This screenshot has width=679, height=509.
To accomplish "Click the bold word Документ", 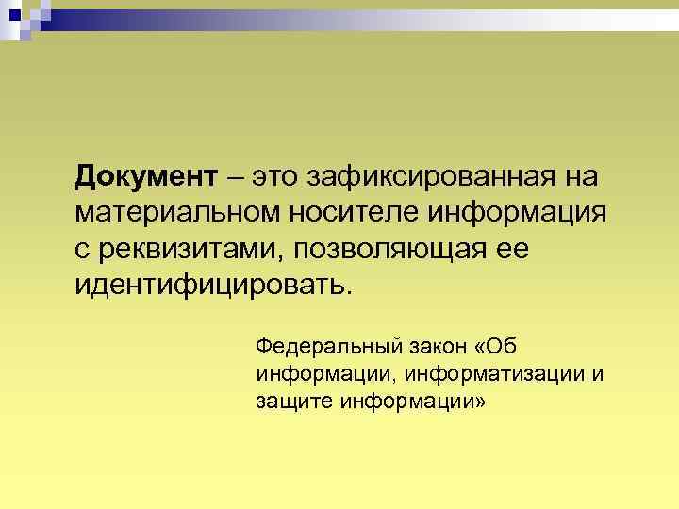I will coord(146,176).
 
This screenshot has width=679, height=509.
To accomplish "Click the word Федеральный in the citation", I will coord(318,342).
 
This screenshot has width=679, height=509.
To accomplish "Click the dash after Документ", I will coord(234,176).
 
